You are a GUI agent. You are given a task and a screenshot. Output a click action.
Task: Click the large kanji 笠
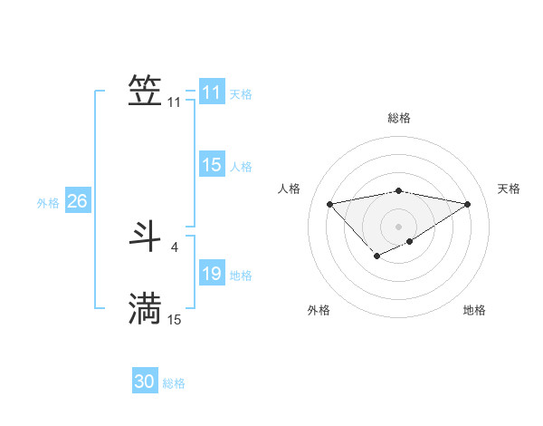click(146, 91)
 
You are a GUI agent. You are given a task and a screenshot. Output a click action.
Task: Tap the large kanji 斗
click(146, 236)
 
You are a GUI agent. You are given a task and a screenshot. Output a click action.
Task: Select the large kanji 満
click(146, 308)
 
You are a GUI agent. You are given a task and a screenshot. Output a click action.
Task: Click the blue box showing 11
click(211, 92)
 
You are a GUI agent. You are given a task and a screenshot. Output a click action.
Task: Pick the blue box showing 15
click(211, 165)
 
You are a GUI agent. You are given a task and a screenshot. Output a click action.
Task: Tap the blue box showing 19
click(211, 274)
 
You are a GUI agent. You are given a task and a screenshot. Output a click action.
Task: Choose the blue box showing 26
click(77, 201)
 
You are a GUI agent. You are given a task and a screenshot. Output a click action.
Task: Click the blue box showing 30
click(144, 382)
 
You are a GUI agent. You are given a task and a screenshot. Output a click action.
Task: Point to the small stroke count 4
click(174, 247)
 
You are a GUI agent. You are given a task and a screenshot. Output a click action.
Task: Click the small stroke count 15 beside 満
click(174, 319)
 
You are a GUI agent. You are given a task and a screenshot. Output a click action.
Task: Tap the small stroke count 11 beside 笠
click(174, 102)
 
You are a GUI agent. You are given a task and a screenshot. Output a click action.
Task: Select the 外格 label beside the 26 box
click(48, 203)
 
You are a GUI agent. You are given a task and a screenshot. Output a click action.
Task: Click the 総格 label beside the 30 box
click(174, 383)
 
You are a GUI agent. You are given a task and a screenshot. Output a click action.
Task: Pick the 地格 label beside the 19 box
click(241, 276)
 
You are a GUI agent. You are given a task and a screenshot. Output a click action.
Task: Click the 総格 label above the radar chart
click(398, 118)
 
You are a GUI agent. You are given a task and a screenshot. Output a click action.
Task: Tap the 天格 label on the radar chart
click(509, 189)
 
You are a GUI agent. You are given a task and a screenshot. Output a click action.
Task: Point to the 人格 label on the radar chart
click(289, 189)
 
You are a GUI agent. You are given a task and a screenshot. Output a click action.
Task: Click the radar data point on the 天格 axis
click(468, 204)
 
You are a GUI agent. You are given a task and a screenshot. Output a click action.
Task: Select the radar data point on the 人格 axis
click(329, 204)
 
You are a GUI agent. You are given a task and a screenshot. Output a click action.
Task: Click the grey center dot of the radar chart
click(398, 226)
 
